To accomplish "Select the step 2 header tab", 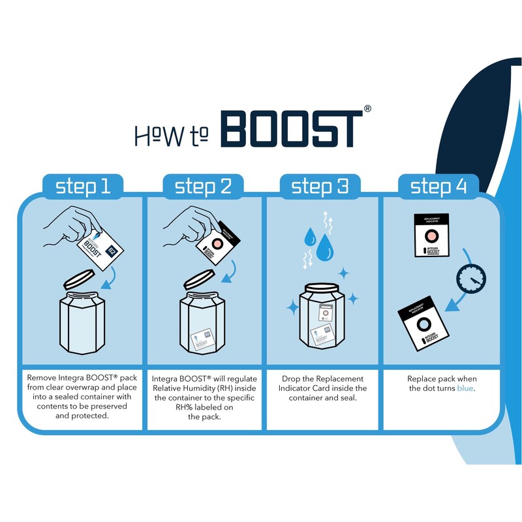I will pos(203,187).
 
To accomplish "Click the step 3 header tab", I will pos(320,187).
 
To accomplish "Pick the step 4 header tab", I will pos(438,187).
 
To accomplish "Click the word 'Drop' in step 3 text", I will pos(295,378).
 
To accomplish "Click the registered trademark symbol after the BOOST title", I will pos(368,109).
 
